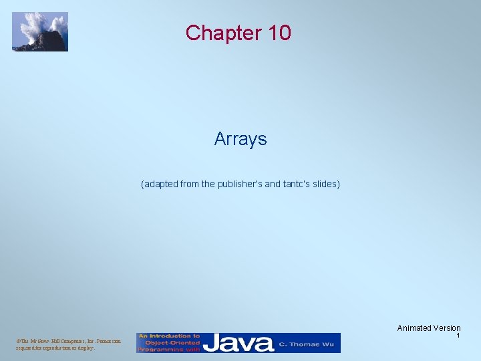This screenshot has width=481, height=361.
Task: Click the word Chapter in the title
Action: click(216, 32)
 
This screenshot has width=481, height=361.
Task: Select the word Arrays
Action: click(240, 139)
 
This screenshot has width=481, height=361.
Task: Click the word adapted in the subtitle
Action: click(161, 183)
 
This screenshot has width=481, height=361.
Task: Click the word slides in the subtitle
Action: click(325, 183)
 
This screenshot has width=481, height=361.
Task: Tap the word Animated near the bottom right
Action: click(414, 328)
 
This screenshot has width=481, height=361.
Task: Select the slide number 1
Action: click(458, 336)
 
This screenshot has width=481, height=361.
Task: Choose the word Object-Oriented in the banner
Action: click(169, 342)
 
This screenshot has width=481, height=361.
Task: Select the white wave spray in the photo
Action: click(33, 25)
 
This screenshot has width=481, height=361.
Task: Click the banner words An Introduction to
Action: click(170, 336)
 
